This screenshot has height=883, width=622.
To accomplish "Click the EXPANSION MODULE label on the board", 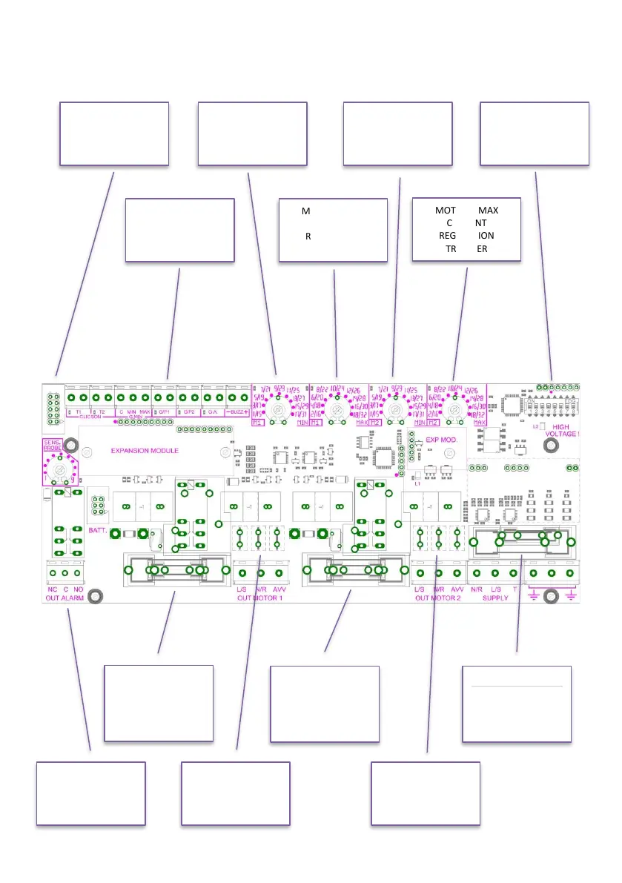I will (x=144, y=450).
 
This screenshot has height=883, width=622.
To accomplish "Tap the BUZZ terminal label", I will (x=237, y=411).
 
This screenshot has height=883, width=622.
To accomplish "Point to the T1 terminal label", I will (x=78, y=411).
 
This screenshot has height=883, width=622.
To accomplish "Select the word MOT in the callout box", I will (x=446, y=211).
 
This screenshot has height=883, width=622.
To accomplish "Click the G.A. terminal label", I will (x=213, y=411).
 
